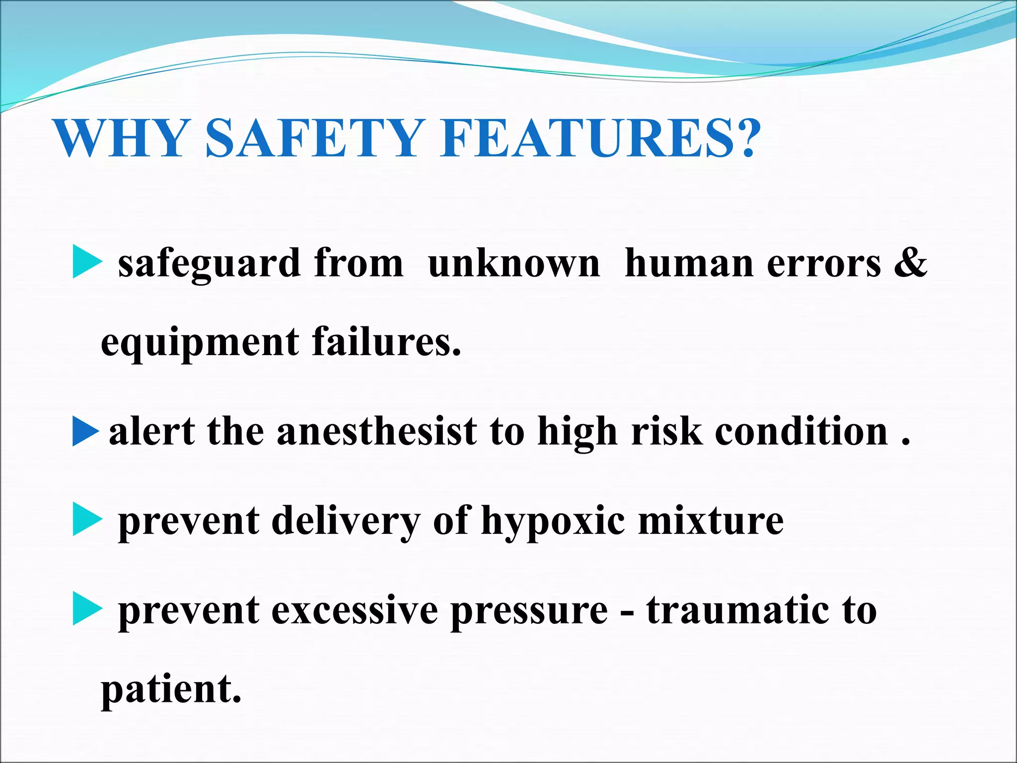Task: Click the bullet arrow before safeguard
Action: point(86,262)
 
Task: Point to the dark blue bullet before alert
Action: point(85,431)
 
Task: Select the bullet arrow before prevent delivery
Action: point(86,520)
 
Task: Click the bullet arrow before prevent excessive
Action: point(86,609)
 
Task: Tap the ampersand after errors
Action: point(910,262)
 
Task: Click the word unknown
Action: point(514,263)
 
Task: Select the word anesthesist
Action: point(376,431)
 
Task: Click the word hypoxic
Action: point(553,522)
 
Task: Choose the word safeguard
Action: point(209,264)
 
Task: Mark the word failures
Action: point(386,342)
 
